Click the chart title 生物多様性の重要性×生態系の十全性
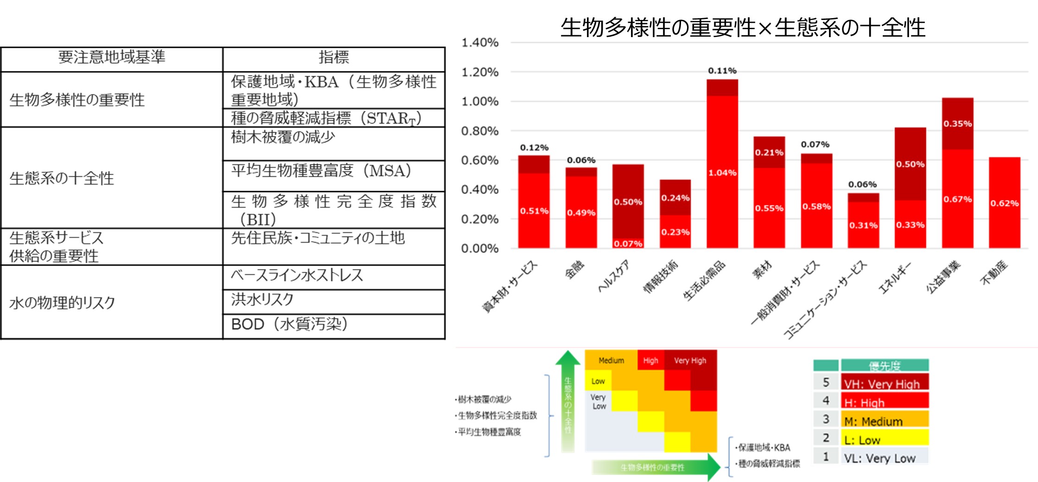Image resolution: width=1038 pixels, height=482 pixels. pos(743,28)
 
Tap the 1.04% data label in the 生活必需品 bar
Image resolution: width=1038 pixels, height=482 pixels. pos(722,173)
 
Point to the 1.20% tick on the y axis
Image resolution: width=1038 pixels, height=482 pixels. pos(480,72)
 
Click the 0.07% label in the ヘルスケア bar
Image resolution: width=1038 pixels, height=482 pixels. pos(628,244)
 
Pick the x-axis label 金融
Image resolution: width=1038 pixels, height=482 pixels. pos(574,270)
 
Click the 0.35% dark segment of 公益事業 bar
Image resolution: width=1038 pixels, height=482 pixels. pos(957,124)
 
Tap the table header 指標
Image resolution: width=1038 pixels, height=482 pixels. pos(334,58)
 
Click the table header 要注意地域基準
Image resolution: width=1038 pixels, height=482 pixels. pos(112,58)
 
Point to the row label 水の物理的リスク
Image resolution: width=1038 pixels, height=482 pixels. pos(62,303)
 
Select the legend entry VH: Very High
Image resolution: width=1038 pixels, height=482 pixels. pos(884,383)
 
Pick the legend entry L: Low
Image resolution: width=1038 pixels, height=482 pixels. pos(884,439)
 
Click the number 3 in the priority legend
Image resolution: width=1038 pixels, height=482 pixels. pos(826,419)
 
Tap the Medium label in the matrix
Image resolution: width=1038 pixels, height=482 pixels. pos(611,360)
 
